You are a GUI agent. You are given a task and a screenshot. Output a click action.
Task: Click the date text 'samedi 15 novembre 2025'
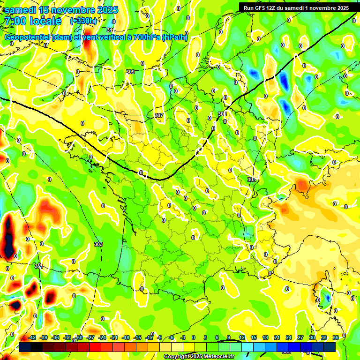61,10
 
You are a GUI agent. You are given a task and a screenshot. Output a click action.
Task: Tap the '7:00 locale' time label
32,21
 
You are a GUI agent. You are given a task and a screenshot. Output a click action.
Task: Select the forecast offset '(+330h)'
83,21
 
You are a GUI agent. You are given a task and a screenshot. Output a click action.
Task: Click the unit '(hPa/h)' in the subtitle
174,37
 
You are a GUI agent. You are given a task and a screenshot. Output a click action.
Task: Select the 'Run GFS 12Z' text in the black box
262,8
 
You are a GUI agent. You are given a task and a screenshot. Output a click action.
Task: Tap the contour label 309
130,72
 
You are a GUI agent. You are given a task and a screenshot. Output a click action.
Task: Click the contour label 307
158,115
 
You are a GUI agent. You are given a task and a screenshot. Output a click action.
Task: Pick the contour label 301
38,266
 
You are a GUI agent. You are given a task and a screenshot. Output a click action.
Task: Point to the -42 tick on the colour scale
32,338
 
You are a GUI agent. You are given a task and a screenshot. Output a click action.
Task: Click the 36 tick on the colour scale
336,338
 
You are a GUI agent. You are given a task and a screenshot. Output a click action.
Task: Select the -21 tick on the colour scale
113,338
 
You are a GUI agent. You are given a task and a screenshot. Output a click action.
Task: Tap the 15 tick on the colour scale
253,338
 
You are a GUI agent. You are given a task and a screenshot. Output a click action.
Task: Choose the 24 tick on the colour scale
288,338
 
